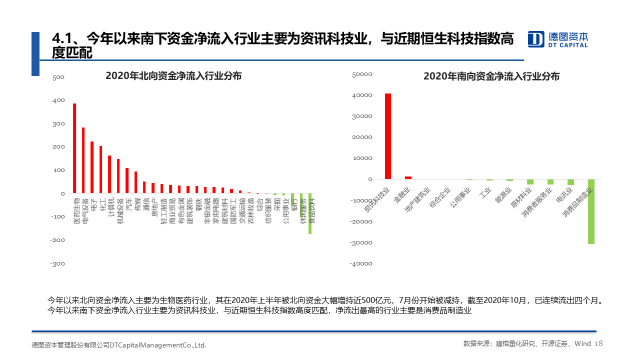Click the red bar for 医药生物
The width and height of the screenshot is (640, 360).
74,148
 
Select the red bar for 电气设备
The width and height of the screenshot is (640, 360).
83,160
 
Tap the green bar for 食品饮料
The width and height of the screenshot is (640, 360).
310,213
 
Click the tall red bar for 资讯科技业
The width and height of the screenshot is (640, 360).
388,136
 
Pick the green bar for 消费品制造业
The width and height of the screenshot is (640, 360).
591,211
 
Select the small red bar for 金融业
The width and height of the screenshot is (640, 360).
408,177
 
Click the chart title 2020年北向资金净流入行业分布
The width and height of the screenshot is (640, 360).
173,76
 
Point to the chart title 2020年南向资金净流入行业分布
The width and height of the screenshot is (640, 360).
491,76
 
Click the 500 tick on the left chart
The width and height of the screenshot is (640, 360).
58,77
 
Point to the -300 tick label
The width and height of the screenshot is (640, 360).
57,263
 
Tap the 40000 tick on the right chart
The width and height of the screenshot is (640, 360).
362,95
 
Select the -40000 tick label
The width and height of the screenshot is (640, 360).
361,263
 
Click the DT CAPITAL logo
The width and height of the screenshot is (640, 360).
558,39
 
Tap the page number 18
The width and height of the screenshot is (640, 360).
599,343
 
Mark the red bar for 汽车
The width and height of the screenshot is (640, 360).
127,180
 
